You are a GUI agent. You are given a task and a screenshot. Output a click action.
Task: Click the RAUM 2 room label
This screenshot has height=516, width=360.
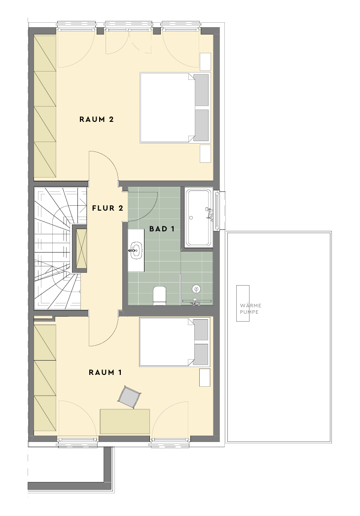click(x=97, y=119)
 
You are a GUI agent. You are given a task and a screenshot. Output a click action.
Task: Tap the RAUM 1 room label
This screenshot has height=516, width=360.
click(x=106, y=372)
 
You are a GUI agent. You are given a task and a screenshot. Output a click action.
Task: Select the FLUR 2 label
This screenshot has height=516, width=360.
click(x=108, y=208)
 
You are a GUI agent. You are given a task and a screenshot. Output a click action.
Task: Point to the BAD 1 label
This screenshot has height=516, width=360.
click(x=162, y=229)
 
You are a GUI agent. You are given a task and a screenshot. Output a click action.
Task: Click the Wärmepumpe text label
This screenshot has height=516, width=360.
click(x=251, y=309)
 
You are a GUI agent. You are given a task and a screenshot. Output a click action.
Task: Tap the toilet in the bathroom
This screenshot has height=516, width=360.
click(x=160, y=295)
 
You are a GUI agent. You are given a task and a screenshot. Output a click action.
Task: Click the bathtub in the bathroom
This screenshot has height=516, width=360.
click(x=199, y=218)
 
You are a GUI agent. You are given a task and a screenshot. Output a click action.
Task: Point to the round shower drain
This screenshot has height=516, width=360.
click(x=196, y=289)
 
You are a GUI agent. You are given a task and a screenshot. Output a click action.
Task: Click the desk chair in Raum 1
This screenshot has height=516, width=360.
click(x=129, y=397)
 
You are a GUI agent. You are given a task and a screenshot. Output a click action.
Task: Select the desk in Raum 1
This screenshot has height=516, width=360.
click(x=125, y=421)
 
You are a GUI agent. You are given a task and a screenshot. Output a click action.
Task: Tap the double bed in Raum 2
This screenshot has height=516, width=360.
click(x=175, y=108)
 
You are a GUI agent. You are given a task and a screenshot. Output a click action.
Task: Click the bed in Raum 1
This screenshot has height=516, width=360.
click(x=175, y=342)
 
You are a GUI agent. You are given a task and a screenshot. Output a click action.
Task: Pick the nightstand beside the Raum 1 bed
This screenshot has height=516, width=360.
click(x=205, y=377)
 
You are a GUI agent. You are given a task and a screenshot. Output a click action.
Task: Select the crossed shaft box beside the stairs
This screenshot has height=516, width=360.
click(x=81, y=249)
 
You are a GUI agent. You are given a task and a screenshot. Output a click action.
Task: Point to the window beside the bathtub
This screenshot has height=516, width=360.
click(x=217, y=211)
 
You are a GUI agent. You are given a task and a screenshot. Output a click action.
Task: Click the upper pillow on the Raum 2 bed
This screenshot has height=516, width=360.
click(x=201, y=90)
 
